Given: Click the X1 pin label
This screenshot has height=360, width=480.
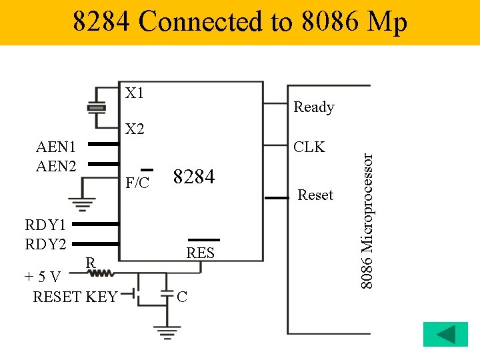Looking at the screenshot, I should [x=135, y=93].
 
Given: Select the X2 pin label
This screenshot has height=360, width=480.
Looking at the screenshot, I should [x=135, y=128].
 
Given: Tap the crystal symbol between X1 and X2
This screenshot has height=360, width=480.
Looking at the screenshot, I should [x=97, y=107].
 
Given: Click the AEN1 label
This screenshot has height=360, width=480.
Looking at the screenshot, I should [x=56, y=147].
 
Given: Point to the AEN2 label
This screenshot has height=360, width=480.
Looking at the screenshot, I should [x=56, y=165].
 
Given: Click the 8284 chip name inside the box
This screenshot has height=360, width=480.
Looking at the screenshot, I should [x=193, y=177].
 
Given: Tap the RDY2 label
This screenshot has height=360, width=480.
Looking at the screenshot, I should [x=45, y=244].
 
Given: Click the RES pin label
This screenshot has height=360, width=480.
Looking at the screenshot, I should [x=200, y=253].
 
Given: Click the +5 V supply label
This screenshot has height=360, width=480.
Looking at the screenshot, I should [x=43, y=277].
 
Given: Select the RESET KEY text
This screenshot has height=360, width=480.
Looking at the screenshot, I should [x=75, y=296].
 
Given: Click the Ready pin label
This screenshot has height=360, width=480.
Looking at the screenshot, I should [x=313, y=107].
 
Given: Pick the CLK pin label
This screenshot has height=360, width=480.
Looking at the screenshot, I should [x=309, y=147].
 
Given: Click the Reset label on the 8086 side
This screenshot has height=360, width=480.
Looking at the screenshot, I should [x=315, y=195].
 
